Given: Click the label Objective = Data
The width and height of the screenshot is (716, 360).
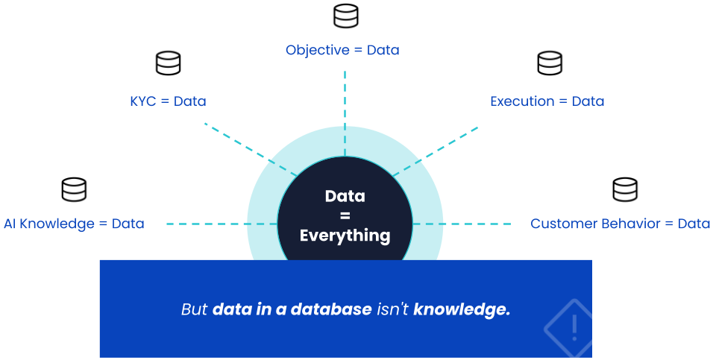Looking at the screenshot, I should click(342, 51).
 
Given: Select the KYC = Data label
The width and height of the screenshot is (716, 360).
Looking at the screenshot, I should click(168, 101).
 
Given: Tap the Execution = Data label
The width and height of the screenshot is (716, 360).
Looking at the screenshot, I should click(547, 101).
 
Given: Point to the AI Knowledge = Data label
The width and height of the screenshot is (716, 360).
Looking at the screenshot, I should click(74, 224).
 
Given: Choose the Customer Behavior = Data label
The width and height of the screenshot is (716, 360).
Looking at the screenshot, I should click(620, 224).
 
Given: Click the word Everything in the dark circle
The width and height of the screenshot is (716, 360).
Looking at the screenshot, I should click(345, 236).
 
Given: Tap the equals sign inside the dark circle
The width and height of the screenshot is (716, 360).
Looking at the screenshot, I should click(345, 216).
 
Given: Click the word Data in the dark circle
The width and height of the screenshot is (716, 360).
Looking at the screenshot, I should click(345, 197).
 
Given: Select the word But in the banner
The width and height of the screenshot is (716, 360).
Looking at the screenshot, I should click(194, 309).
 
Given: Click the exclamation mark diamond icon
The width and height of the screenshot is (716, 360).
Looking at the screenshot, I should click(574, 326).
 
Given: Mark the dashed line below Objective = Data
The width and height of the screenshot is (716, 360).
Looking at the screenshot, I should click(345, 97).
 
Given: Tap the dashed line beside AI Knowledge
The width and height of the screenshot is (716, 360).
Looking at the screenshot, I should click(206, 224).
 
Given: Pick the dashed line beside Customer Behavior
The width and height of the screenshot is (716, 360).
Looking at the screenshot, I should click(477, 224).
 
